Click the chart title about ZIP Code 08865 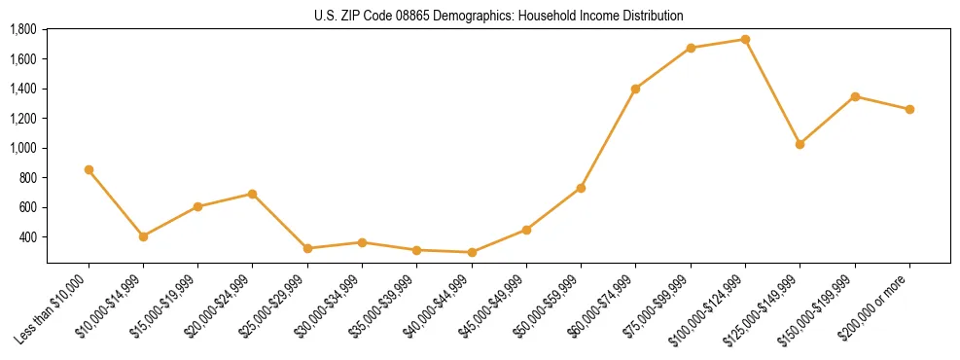pos(499,16)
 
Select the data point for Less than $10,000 pos(89,169)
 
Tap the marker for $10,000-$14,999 pos(143,236)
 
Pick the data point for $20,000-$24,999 pos(253,194)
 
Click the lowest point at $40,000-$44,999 pos(472,252)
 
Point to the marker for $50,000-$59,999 pos(581,188)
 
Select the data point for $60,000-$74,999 pos(635,89)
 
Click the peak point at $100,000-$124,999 pos(745,39)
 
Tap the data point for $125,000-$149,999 pos(800,144)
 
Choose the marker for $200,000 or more pos(909,109)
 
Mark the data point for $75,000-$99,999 pos(691,48)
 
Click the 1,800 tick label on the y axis pos(23,29)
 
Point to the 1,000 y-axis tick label pos(23,148)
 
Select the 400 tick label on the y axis pos(27,237)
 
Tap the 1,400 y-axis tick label pos(23,89)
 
